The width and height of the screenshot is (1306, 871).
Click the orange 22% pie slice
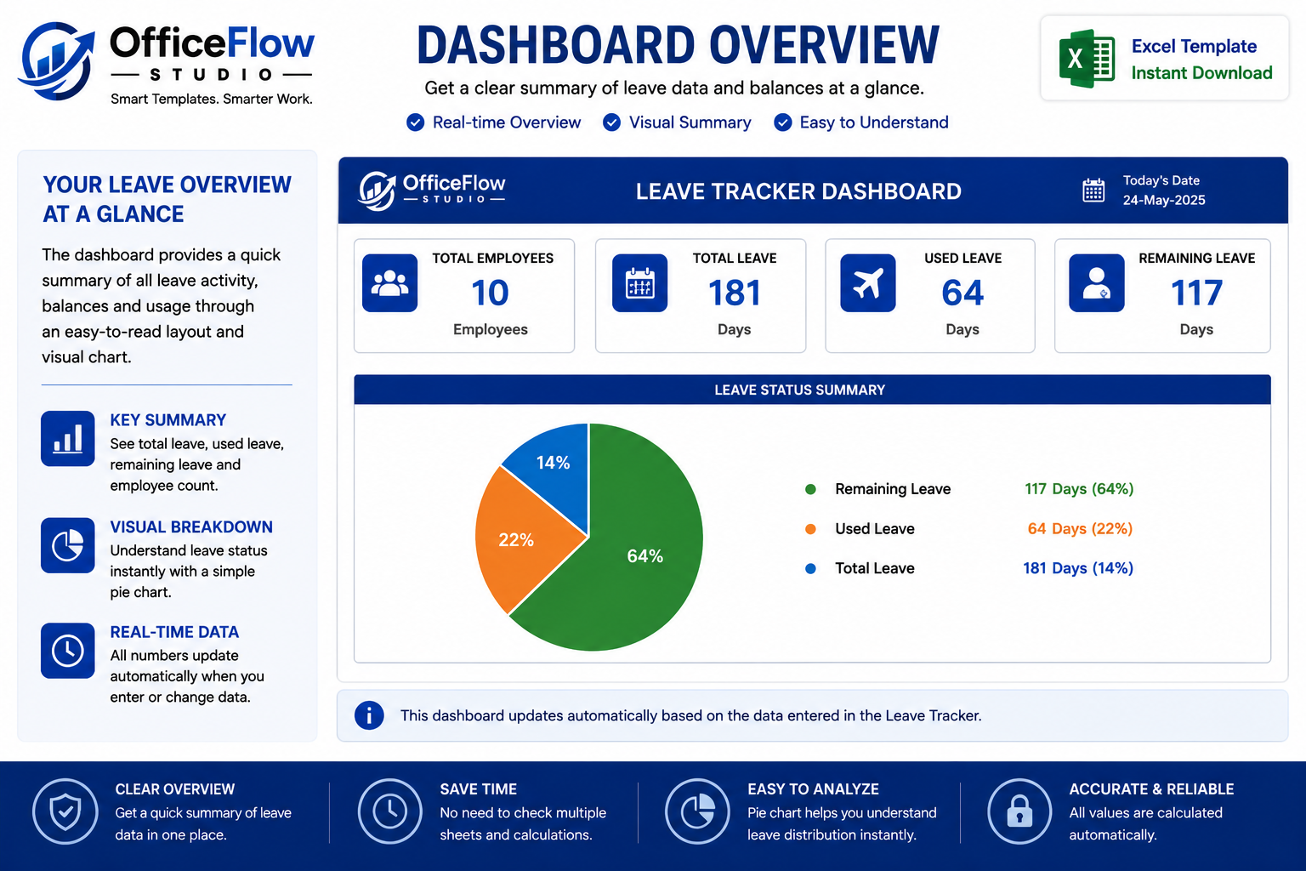[x=519, y=539]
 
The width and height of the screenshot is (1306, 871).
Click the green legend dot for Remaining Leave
[x=810, y=489]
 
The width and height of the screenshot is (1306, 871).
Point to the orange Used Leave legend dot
[x=810, y=528]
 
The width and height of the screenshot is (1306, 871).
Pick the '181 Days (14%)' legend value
[x=1078, y=568]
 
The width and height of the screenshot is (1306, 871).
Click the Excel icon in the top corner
[x=1087, y=59]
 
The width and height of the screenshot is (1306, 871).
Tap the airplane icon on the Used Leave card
[x=867, y=283]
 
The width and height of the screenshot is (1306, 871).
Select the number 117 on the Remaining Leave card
[x=1196, y=293]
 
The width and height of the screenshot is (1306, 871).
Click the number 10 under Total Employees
[x=490, y=293]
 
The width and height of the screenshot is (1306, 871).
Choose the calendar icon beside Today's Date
[x=1093, y=191]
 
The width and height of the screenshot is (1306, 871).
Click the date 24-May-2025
[x=1164, y=200]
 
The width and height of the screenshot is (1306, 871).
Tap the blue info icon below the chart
[x=369, y=715]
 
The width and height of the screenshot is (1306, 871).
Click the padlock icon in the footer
[x=1019, y=811]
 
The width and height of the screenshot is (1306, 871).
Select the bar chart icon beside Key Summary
[x=68, y=438]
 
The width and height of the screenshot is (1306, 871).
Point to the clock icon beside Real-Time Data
[x=68, y=651]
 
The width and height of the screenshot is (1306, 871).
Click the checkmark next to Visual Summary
[x=611, y=122]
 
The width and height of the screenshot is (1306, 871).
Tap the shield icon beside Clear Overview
[x=65, y=811]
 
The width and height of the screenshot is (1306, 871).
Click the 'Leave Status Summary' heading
[x=799, y=390]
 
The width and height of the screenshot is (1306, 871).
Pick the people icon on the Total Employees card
[x=389, y=283]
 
